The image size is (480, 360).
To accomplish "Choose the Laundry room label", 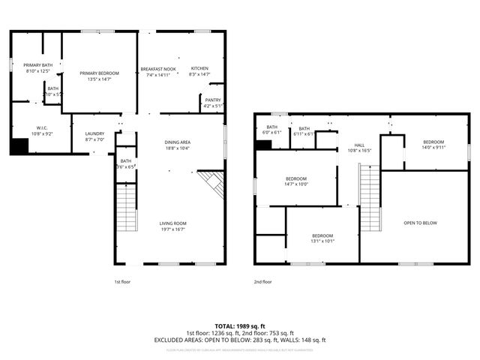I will coord(94,135).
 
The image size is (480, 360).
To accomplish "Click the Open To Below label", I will coord(420,223).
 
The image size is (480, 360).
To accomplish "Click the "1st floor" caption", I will coord(122,282).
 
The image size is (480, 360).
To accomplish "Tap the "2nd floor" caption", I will coord(262,282).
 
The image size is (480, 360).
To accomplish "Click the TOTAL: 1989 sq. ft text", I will coord(240,325).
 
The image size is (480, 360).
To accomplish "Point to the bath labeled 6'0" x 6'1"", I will coord(271,129).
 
